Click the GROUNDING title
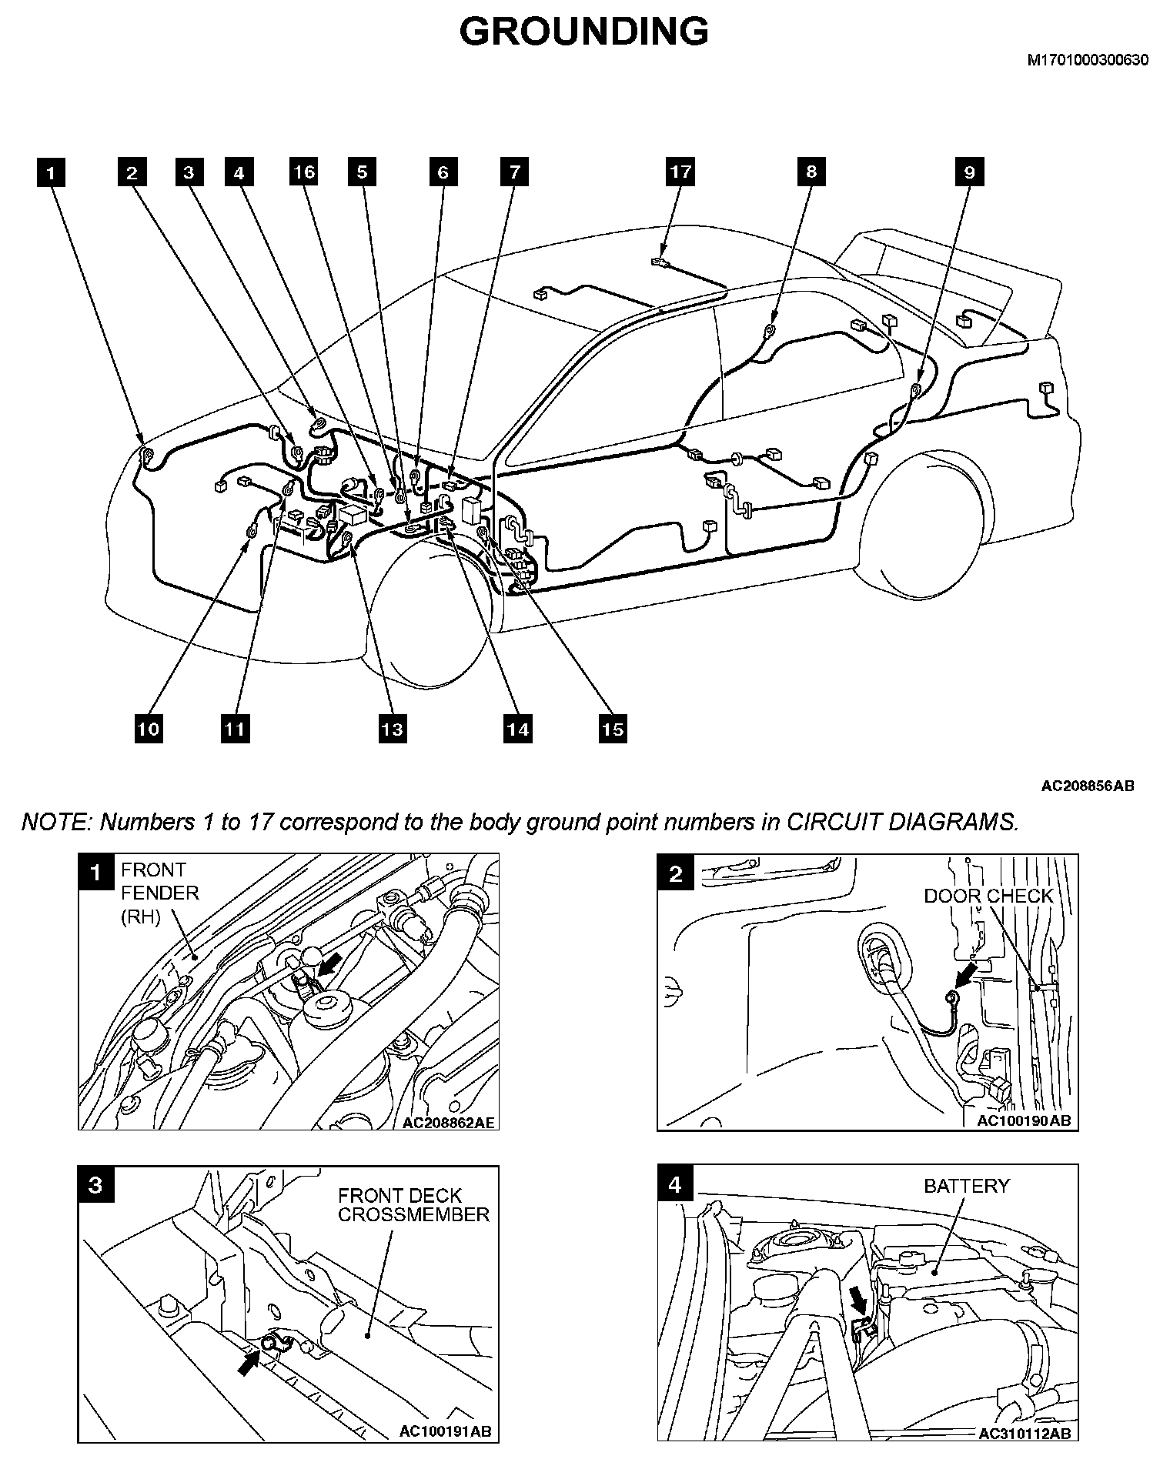pyautogui.click(x=583, y=32)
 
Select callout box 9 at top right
pyautogui.click(x=969, y=172)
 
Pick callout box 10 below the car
pyautogui.click(x=149, y=728)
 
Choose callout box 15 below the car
pyautogui.click(x=612, y=728)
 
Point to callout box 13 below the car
pyautogui.click(x=393, y=728)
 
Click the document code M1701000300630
pyautogui.click(x=1088, y=61)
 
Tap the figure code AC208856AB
pyautogui.click(x=1087, y=786)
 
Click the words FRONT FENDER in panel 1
pyautogui.click(x=159, y=882)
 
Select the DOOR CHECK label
pyautogui.click(x=988, y=896)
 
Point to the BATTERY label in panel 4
pyautogui.click(x=966, y=1186)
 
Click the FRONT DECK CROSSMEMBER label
pyautogui.click(x=413, y=1205)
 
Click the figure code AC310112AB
pyautogui.click(x=1023, y=1434)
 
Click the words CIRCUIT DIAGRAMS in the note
pyautogui.click(x=901, y=822)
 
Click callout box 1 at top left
pyautogui.click(x=51, y=172)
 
